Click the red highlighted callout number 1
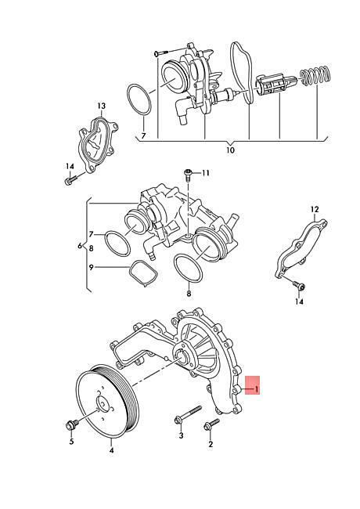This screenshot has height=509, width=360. pyautogui.click(x=256, y=388)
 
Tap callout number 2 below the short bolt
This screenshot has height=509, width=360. pyautogui.click(x=211, y=445)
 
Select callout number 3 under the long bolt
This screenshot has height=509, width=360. pyautogui.click(x=181, y=435)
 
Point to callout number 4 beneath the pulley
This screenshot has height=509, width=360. pyautogui.click(x=111, y=450)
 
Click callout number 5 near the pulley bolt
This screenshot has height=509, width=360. pyautogui.click(x=72, y=442)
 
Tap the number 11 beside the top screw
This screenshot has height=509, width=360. pyautogui.click(x=205, y=173)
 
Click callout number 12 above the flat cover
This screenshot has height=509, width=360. pyautogui.click(x=315, y=209)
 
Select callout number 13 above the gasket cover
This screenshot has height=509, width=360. pyautogui.click(x=101, y=106)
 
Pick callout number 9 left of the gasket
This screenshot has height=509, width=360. pyautogui.click(x=91, y=267)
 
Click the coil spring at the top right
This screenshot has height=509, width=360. pyautogui.click(x=315, y=78)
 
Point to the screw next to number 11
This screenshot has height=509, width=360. pyautogui.click(x=188, y=174)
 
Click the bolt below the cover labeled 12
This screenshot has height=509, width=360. pyautogui.click(x=300, y=285)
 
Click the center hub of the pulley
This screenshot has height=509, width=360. pyautogui.click(x=103, y=405)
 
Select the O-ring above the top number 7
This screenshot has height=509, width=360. pyautogui.click(x=139, y=99)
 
